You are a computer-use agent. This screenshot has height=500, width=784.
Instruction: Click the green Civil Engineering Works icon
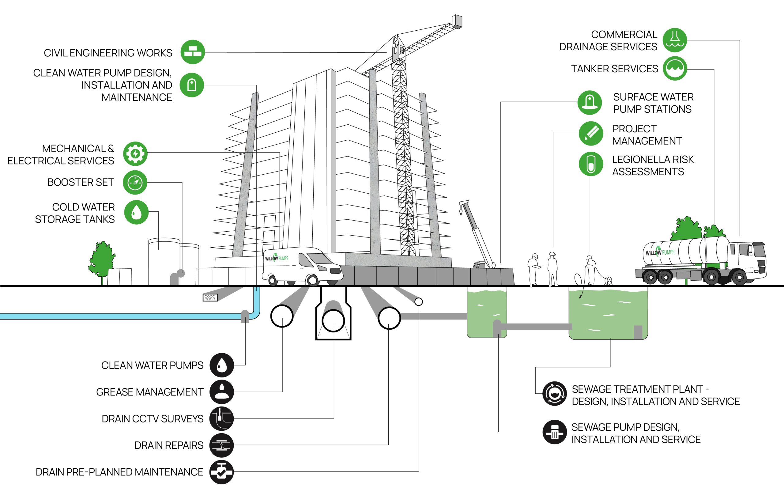(193, 52)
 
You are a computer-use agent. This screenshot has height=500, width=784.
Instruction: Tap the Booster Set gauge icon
(135, 182)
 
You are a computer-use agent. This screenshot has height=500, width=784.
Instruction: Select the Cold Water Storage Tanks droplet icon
(136, 212)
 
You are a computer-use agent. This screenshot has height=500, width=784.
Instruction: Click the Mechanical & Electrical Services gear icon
(135, 153)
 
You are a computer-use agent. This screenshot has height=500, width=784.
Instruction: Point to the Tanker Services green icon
(675, 69)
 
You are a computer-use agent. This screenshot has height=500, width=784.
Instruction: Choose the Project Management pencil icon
(591, 134)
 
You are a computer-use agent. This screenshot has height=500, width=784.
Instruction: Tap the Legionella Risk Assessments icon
(591, 164)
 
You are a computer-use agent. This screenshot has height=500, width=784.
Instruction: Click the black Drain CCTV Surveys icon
(222, 419)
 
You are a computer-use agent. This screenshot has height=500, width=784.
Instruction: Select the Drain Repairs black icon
(222, 445)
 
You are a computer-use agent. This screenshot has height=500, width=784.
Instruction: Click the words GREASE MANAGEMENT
(150, 392)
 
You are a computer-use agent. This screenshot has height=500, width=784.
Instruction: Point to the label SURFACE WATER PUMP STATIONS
(653, 103)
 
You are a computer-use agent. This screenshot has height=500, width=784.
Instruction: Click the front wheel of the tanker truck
(739, 278)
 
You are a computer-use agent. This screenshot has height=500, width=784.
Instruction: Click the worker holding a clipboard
(533, 269)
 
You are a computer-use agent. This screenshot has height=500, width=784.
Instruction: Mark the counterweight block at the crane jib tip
(457, 21)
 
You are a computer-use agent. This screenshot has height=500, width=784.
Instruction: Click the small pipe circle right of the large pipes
(419, 302)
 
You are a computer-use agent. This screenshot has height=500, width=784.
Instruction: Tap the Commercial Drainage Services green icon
(675, 40)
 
